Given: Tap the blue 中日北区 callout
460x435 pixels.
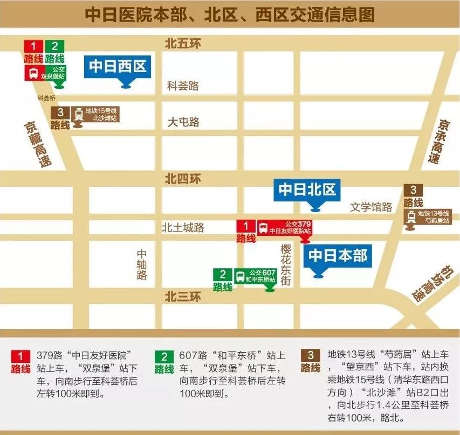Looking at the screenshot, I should pyautogui.click(x=307, y=190).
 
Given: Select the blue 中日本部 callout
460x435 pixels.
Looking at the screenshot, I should pyautogui.click(x=338, y=256).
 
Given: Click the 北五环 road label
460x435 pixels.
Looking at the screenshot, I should pyautogui.click(x=183, y=44).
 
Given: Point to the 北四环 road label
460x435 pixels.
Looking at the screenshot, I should pyautogui.click(x=183, y=178).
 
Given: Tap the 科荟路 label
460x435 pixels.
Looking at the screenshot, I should pyautogui.click(x=183, y=86).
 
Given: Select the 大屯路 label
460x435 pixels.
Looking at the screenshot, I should pyautogui.click(x=183, y=122).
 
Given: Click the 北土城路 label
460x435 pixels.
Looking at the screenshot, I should pyautogui.click(x=183, y=228).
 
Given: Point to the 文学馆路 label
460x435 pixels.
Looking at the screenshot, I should pyautogui.click(x=371, y=207).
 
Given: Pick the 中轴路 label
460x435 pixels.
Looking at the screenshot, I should pyautogui.click(x=142, y=264).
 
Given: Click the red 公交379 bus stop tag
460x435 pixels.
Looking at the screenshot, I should pyautogui.click(x=284, y=228).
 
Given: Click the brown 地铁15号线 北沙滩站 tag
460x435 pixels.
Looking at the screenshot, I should pyautogui.click(x=95, y=114).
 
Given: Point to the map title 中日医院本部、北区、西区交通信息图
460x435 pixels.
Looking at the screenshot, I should pyautogui.click(x=230, y=15).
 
